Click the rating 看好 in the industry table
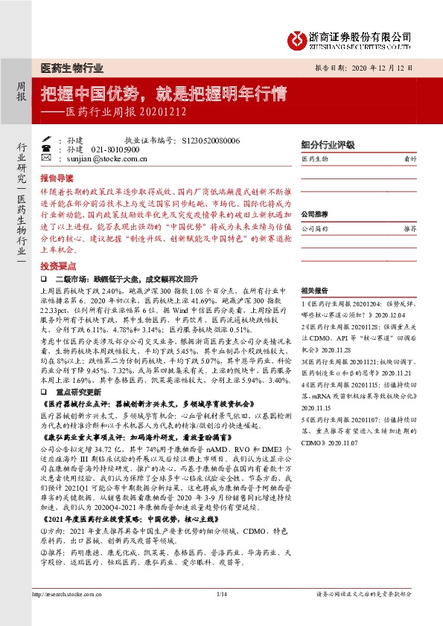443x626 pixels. (x=409, y=159)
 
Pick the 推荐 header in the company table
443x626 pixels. (x=409, y=229)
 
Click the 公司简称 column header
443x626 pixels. (x=315, y=229)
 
